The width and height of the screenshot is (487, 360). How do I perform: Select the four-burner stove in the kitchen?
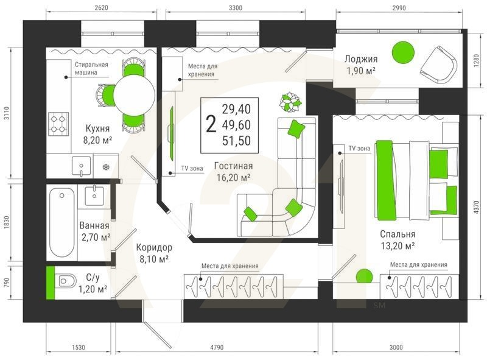pos(59,124)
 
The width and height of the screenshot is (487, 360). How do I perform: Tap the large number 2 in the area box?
pos(211,125)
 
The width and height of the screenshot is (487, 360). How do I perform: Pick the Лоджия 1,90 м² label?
pos(361,65)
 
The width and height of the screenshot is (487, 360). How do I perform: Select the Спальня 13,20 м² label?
pos(398,239)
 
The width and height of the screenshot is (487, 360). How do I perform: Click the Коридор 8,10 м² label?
pos(154,253)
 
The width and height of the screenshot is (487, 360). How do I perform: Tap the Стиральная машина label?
pos(91,68)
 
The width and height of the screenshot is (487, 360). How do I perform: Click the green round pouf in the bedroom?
pos(363,276)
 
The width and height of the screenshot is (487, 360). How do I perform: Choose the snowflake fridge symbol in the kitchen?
pos(105,166)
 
